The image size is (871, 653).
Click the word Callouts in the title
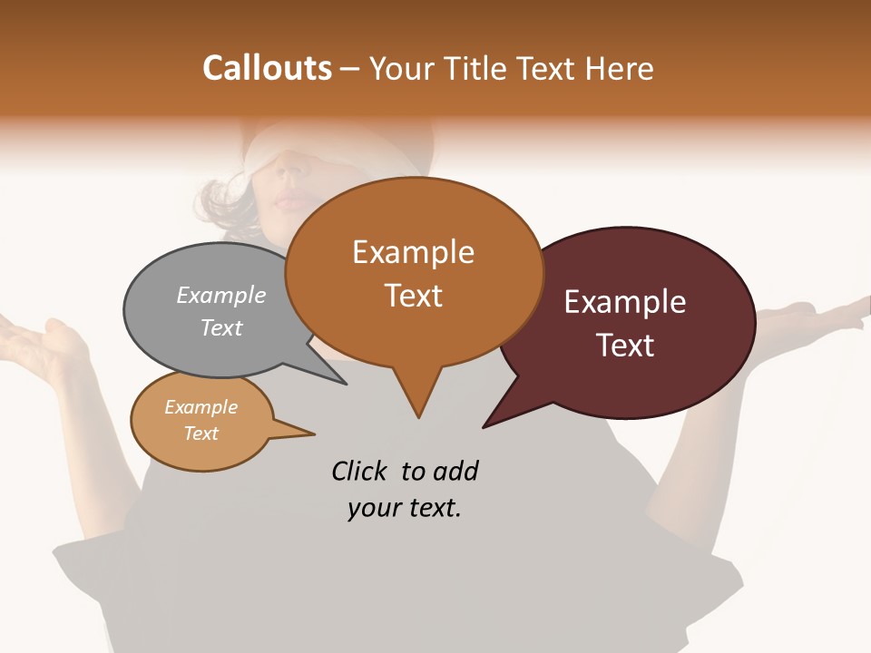tap(267, 68)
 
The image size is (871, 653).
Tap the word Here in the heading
tap(620, 68)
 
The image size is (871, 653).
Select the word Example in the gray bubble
tap(221, 295)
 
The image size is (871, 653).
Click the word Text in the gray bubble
tap(221, 327)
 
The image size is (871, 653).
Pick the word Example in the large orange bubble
tap(413, 251)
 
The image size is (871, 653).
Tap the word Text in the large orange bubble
tap(413, 295)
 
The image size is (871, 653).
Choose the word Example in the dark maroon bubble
tap(625, 301)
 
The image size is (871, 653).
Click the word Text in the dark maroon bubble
tap(625, 345)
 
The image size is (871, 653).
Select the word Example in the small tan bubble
tap(201, 407)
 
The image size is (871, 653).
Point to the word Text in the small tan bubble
tap(201, 434)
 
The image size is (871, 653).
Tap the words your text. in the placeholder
tap(405, 509)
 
